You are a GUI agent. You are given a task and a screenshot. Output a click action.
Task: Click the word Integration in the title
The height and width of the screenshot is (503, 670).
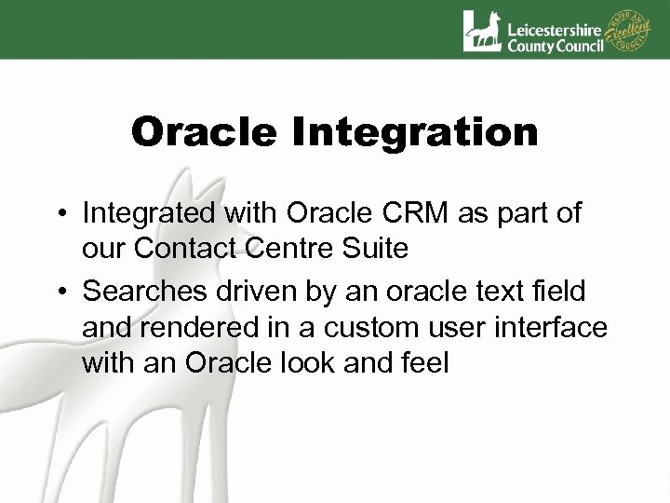click(417, 134)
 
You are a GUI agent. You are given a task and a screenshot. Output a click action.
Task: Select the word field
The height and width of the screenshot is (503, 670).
click(556, 292)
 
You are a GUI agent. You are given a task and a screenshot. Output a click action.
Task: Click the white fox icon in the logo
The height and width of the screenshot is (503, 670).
click(482, 31)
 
